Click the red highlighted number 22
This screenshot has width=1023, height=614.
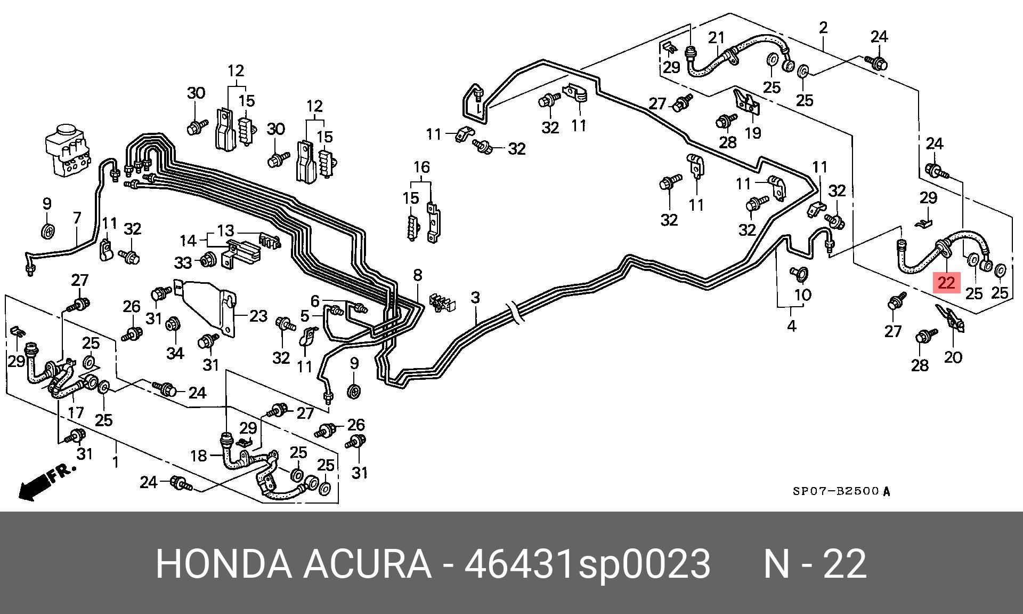(946, 282)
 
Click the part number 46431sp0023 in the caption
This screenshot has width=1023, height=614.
(587, 563)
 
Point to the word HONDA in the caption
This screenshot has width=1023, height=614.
(224, 563)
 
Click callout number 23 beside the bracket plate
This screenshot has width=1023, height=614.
(258, 316)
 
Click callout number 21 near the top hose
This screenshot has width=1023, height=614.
(717, 38)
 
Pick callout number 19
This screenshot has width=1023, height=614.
(752, 132)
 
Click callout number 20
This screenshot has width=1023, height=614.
(953, 356)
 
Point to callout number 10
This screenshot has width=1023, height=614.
(802, 294)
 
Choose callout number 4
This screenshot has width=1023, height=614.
(791, 325)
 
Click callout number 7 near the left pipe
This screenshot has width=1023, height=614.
(77, 218)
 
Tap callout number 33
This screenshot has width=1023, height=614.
(183, 262)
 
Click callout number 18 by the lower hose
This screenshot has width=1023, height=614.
(198, 456)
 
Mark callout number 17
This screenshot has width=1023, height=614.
(76, 412)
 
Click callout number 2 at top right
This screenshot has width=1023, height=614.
(823, 27)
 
